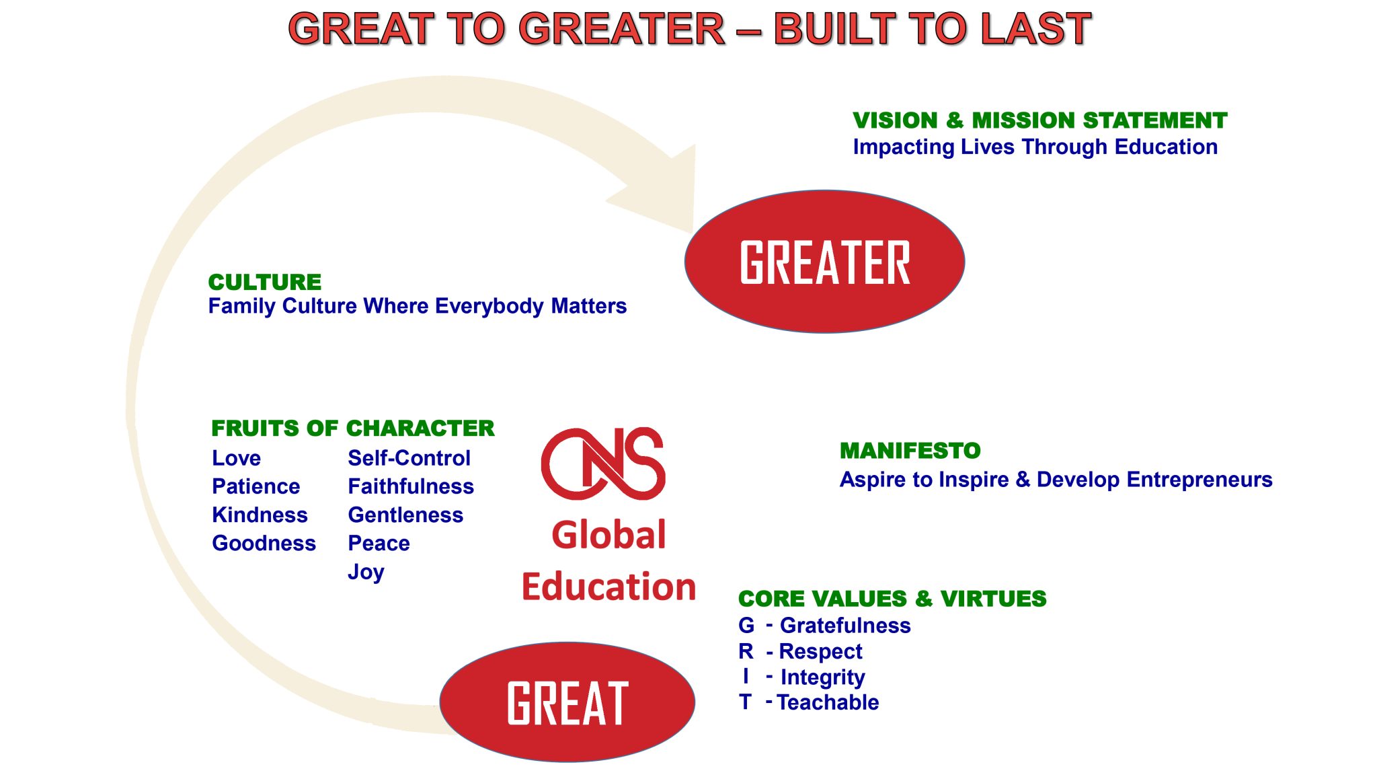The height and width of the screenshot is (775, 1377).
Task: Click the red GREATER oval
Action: coord(824,262)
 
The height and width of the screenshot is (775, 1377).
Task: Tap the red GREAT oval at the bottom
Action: coord(567,702)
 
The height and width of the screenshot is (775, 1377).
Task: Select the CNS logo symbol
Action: coord(603,464)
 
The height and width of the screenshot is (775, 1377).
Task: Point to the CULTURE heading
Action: coord(265,282)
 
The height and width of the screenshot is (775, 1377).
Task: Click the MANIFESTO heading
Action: coord(910,451)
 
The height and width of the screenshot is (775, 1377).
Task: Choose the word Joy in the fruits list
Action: coord(366,573)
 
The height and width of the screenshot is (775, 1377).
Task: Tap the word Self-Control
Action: coord(409,458)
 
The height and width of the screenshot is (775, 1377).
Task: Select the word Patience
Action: coord(256,486)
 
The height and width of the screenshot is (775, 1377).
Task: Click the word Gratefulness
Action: coord(845,626)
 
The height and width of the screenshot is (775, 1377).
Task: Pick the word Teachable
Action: coord(828,702)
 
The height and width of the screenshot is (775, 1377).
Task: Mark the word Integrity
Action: coord(823,678)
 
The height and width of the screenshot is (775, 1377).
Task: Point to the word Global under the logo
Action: coord(608,535)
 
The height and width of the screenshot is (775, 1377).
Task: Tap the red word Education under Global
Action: coord(608,587)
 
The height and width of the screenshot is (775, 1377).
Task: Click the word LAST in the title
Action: coord(1035,29)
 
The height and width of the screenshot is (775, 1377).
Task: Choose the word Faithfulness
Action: coord(411,486)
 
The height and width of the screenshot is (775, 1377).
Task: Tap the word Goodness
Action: coord(264,543)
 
